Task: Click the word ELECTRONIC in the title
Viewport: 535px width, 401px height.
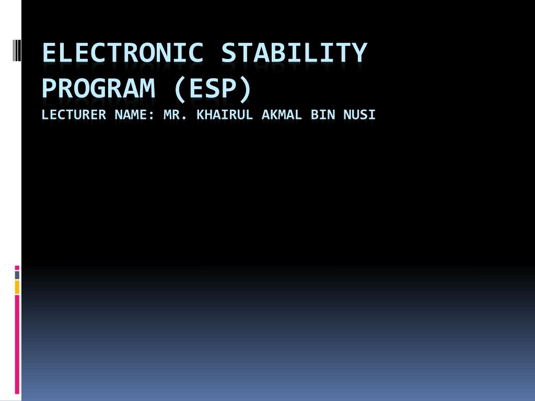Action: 123,53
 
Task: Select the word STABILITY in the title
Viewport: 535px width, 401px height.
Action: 294,53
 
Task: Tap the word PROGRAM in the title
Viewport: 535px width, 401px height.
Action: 99,88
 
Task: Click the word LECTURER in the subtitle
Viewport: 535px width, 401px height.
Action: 74,114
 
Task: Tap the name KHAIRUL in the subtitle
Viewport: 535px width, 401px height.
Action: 225,114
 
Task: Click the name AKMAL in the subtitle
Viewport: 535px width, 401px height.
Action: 282,114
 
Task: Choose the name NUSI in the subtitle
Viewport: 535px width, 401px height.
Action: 359,114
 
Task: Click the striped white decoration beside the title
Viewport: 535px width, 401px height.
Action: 17,50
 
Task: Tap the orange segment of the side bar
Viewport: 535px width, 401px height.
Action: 17,287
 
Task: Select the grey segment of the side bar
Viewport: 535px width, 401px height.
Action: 17,275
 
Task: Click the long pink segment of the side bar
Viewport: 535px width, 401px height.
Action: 17,345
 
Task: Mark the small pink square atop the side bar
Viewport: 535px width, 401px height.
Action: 17,268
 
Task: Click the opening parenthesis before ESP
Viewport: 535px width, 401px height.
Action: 180,90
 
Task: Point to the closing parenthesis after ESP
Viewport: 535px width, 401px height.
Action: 246,90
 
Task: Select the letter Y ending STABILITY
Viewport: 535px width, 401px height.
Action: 359,53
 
